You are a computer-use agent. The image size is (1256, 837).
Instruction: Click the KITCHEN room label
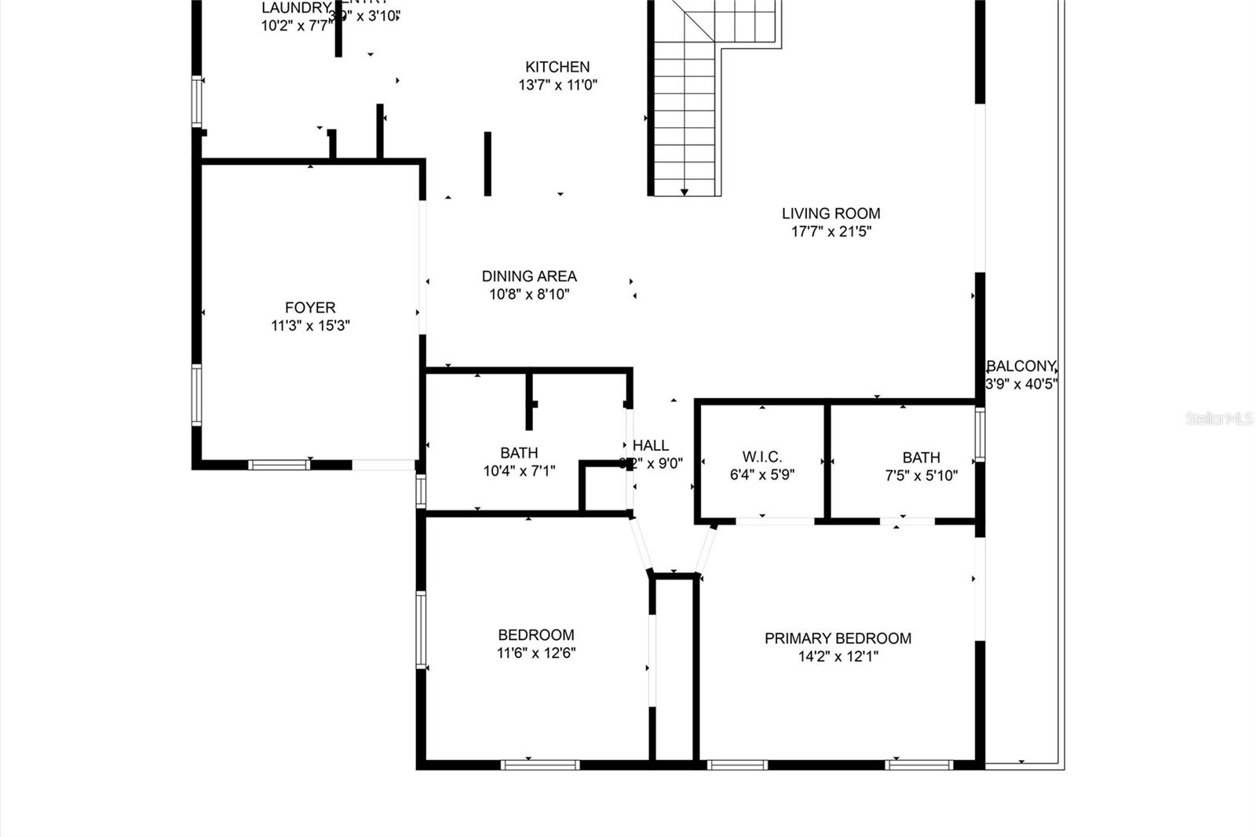557,67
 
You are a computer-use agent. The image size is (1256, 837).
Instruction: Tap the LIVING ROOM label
831,213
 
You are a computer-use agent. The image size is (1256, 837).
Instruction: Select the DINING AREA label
529,276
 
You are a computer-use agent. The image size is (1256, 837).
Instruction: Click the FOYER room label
310,308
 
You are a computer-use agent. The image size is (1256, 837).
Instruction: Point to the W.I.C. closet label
761,457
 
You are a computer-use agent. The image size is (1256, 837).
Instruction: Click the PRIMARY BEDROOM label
838,638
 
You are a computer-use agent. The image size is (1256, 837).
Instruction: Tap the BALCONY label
1020,366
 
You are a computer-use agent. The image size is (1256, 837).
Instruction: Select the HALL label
651,445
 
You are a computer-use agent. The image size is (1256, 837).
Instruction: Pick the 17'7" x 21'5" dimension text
831,232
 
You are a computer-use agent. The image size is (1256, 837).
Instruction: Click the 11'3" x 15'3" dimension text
310,326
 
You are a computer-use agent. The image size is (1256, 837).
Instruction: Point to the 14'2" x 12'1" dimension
838,656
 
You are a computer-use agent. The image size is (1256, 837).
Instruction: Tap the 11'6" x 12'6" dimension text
536,652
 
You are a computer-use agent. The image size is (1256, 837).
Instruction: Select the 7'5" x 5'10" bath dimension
921,475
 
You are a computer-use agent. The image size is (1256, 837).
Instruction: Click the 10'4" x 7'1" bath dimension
519,471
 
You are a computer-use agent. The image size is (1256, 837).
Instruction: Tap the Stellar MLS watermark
1219,418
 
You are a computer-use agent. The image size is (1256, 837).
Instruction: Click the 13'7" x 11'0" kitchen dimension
557,85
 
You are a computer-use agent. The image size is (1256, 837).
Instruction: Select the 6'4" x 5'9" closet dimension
761,475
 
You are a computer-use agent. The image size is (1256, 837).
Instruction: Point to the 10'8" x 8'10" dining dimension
529,294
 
